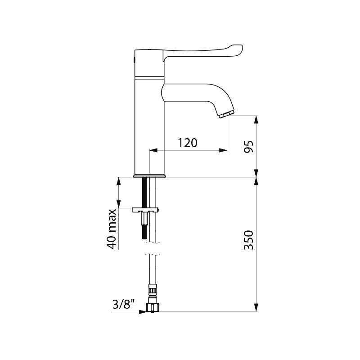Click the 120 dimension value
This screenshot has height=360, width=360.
[x=188, y=143]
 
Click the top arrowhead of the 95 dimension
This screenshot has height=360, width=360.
[x=256, y=119]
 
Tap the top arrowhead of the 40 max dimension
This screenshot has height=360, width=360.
[x=119, y=181]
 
